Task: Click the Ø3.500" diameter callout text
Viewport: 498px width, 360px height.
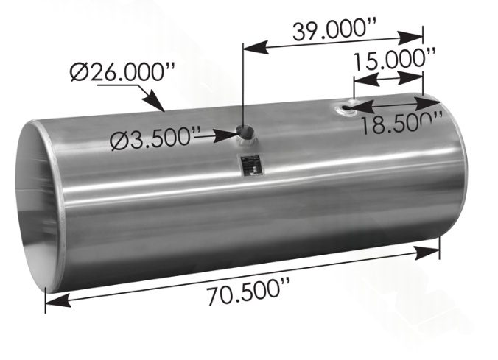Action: click(155, 138)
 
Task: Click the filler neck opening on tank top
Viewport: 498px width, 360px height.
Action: click(245, 134)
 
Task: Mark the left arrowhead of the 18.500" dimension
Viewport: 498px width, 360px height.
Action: click(357, 109)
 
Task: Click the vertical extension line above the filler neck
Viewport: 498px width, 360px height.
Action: click(243, 88)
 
